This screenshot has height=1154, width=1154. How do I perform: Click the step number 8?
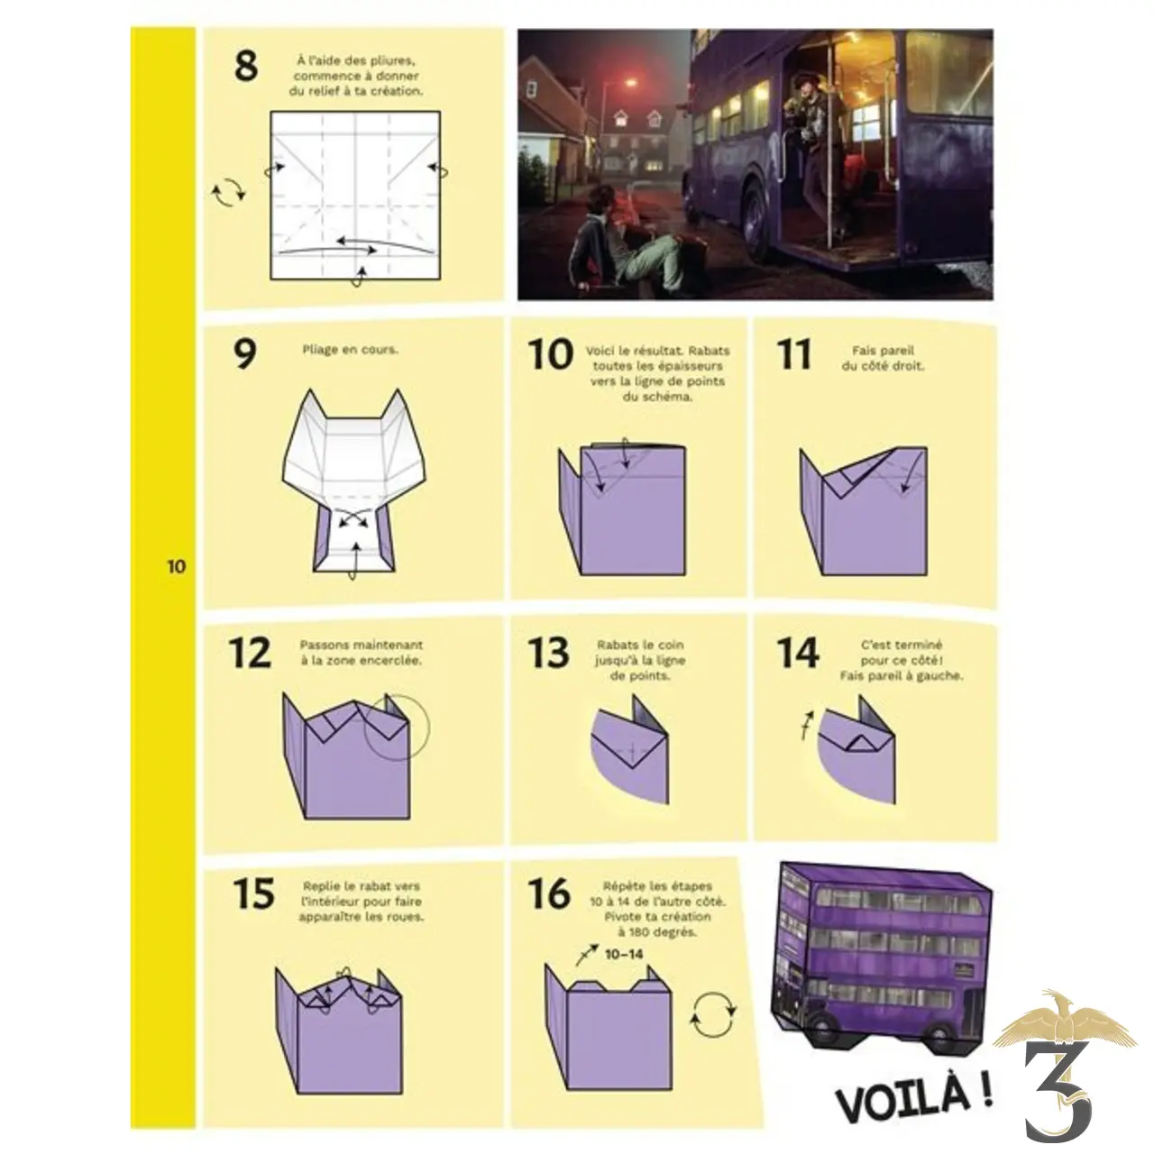pyautogui.click(x=245, y=67)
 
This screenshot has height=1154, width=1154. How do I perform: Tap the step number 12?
pyautogui.click(x=250, y=653)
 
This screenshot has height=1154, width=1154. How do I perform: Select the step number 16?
pyautogui.click(x=549, y=893)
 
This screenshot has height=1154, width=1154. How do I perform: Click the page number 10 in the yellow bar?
pyautogui.click(x=176, y=567)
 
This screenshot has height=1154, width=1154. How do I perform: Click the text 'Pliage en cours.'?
pyautogui.click(x=350, y=349)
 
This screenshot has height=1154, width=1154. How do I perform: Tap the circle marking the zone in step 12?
pyautogui.click(x=397, y=728)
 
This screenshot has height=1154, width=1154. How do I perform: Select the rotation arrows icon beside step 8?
pyautogui.click(x=228, y=192)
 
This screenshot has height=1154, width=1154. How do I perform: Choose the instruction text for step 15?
pyautogui.click(x=362, y=902)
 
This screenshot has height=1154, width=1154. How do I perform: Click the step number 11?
pyautogui.click(x=793, y=354)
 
